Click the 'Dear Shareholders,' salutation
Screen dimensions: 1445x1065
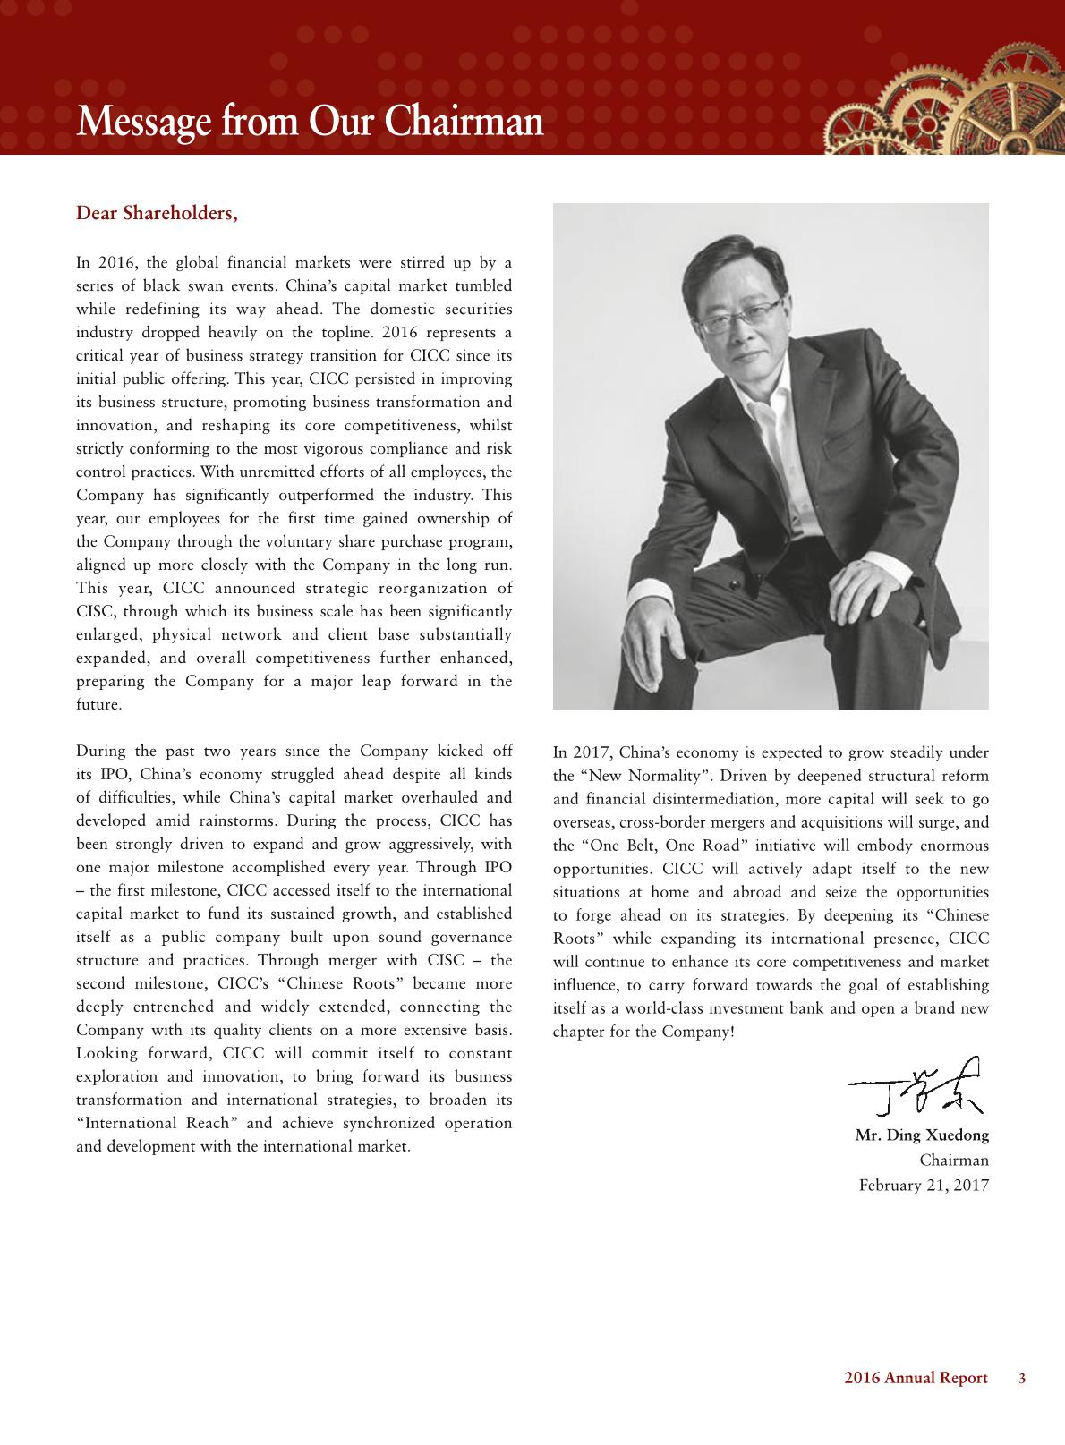click(x=157, y=214)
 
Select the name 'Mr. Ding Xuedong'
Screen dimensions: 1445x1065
click(x=922, y=1136)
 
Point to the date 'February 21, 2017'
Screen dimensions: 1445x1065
click(x=924, y=1185)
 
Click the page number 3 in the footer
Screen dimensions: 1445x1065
click(x=1022, y=1378)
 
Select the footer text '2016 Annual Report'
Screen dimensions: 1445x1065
click(x=916, y=1378)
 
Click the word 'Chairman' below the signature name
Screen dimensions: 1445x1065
click(x=954, y=1160)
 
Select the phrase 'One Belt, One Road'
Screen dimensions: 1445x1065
click(x=657, y=846)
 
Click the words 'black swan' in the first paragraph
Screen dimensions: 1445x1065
click(x=179, y=286)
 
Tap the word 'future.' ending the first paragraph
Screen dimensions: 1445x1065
click(x=98, y=705)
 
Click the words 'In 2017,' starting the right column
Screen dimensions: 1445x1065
click(x=582, y=752)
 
